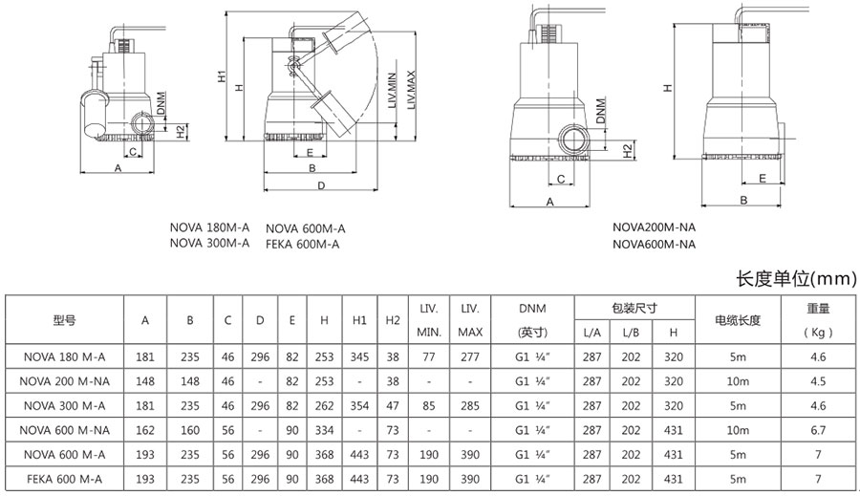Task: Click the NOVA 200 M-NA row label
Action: (65, 380)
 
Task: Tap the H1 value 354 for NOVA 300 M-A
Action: (359, 405)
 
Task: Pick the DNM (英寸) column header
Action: (532, 320)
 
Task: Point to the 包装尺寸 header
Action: (634, 308)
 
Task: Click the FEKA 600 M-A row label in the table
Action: (65, 479)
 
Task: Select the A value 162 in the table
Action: (145, 429)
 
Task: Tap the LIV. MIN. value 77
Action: (428, 356)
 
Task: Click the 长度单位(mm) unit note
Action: (792, 279)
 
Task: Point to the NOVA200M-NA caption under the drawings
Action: (654, 228)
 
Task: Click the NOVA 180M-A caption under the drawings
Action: (209, 228)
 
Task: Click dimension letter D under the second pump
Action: (320, 185)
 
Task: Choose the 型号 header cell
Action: (65, 320)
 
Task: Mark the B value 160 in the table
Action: (190, 429)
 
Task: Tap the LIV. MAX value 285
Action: (470, 405)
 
